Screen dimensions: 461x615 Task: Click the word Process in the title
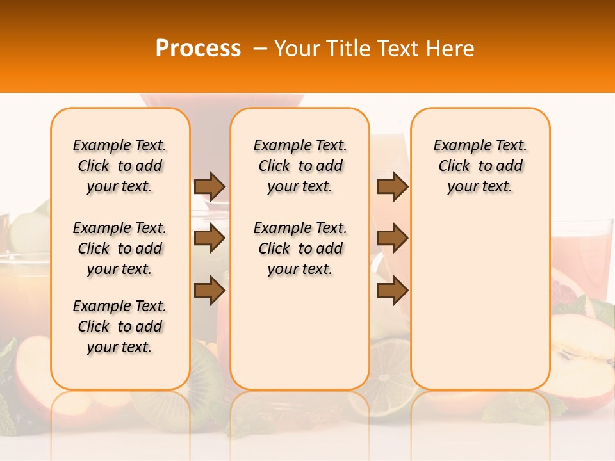(197, 48)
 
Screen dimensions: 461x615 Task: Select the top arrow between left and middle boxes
(209, 186)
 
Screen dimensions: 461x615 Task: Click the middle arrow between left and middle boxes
(209, 239)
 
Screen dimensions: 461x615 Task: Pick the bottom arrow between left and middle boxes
(209, 290)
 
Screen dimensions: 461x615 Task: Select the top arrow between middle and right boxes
(392, 186)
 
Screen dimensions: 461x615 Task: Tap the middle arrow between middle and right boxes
(392, 239)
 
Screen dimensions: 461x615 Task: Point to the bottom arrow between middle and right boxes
(392, 290)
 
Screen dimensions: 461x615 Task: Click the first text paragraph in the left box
(120, 166)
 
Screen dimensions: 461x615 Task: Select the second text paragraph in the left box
(120, 248)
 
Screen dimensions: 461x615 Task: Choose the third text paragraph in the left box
(120, 327)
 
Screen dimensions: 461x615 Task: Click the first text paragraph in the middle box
(300, 166)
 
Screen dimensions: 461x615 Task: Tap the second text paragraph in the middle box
(300, 248)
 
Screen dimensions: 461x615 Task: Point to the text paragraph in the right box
(480, 166)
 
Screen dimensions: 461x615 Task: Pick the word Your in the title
(296, 48)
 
